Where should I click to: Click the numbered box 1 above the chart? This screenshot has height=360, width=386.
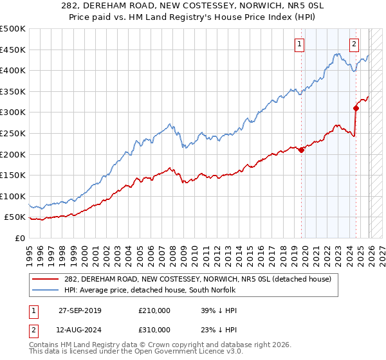coord(300,44)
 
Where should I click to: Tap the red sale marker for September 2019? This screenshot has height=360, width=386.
coord(301,150)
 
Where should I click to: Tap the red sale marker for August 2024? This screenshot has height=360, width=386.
coord(356,108)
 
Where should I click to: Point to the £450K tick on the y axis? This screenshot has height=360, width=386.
coord(14,50)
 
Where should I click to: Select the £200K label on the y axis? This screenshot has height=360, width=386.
coord(14,154)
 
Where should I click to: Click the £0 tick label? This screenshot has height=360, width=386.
coord(21,238)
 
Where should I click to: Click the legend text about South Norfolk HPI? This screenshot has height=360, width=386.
coord(151,290)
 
